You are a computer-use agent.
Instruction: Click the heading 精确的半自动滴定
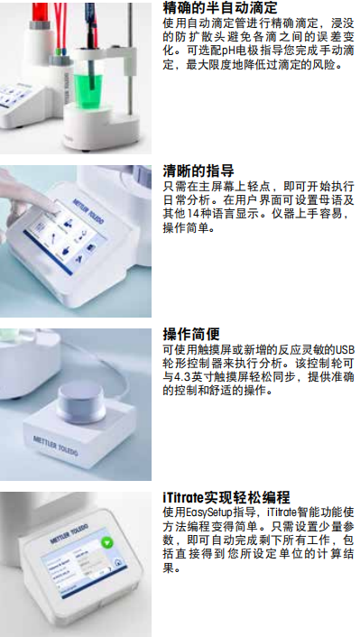(219, 8)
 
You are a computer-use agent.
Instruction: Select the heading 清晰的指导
(198, 171)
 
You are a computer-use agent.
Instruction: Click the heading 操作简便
(191, 334)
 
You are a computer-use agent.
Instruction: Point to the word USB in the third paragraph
(344, 348)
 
